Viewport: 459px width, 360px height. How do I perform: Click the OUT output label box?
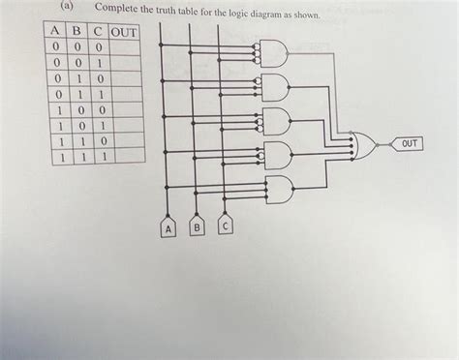[410, 145]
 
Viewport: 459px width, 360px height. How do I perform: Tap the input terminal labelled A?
[168, 228]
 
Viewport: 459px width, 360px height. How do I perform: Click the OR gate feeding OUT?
[365, 145]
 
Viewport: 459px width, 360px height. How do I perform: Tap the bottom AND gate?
[277, 188]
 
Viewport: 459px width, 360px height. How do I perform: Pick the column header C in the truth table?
[97, 32]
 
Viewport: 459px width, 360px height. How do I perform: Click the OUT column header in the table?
[125, 33]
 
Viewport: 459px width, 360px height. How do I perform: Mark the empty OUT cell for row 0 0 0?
[125, 46]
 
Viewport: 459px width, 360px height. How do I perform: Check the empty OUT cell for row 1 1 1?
[125, 155]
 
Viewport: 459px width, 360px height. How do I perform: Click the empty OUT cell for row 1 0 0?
[125, 108]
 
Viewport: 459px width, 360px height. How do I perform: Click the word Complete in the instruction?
[117, 11]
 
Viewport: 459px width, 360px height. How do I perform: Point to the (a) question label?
[65, 8]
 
